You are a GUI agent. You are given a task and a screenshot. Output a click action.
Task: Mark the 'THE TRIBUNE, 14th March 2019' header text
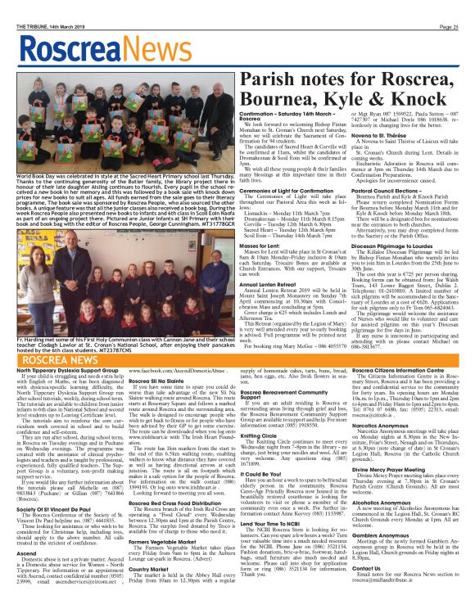click(x=40, y=5)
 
